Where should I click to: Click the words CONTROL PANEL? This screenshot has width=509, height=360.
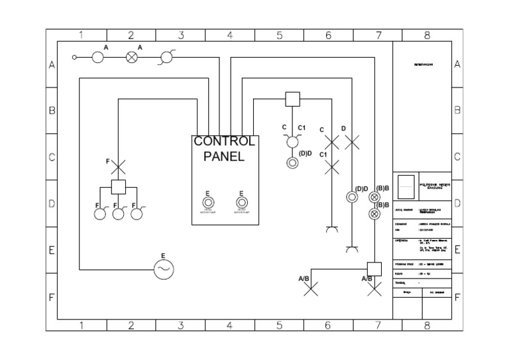coord(224,149)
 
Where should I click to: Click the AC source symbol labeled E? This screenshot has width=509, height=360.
coord(163,269)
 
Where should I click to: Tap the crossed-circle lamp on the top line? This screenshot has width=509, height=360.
coord(131,58)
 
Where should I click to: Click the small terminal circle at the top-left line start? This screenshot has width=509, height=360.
coord(75,58)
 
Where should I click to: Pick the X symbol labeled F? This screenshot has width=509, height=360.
coord(118,165)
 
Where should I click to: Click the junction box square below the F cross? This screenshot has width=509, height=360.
coord(118,187)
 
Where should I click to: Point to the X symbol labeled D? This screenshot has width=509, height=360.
coord(352,141)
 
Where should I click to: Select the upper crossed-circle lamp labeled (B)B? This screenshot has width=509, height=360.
coord(374,198)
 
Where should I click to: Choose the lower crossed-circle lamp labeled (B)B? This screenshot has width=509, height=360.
coord(374,213)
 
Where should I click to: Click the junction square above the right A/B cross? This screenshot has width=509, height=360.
coord(374,269)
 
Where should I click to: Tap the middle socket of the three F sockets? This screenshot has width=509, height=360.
coord(119,213)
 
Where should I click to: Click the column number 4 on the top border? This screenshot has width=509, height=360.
coord(229,35)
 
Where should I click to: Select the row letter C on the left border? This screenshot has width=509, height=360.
coord(51,157)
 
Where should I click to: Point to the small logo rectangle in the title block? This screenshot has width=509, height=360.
coord(406,187)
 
